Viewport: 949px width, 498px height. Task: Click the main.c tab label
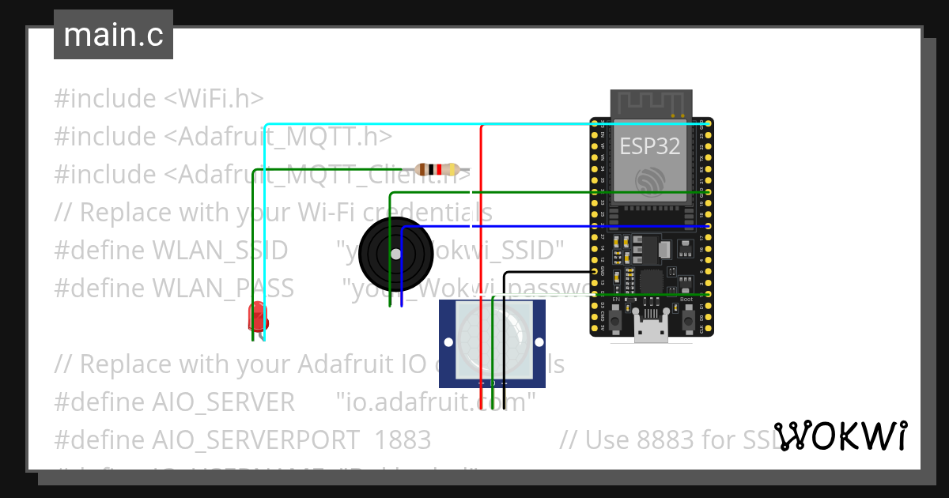[113, 36]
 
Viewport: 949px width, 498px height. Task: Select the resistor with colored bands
[437, 169]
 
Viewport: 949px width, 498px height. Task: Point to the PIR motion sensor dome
[492, 341]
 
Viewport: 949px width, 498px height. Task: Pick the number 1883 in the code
[403, 440]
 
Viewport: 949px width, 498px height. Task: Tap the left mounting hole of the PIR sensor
[448, 342]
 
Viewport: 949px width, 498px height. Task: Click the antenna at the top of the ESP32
[652, 103]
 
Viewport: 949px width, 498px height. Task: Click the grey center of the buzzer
[395, 253]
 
